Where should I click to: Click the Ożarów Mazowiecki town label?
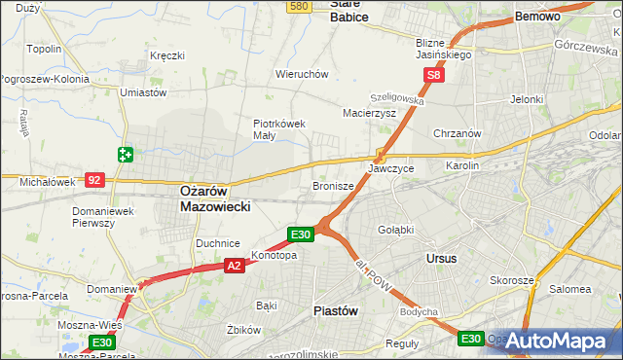coord(216,199)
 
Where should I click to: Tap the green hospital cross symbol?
coord(126,154)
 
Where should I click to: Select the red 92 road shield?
coord(94,179)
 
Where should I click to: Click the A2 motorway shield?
coord(233,265)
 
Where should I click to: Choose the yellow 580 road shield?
coord(300,6)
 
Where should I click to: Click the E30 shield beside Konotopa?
coord(300,234)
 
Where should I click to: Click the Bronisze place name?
coord(332,185)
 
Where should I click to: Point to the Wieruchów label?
coord(302,74)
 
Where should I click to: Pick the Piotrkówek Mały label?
coord(279,129)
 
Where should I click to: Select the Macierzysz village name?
coord(369,113)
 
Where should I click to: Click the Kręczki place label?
coord(167,55)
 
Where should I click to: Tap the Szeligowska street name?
coord(396,99)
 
